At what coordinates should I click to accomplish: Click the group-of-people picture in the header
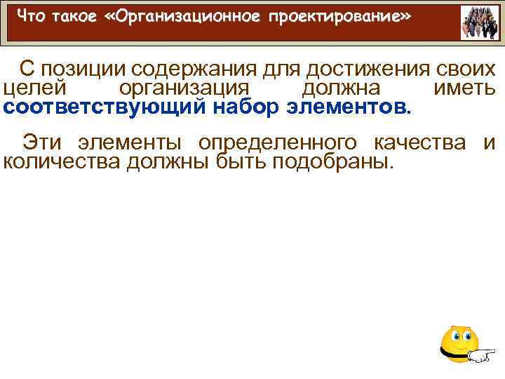[480, 23]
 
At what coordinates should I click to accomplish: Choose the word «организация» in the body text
[184, 89]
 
